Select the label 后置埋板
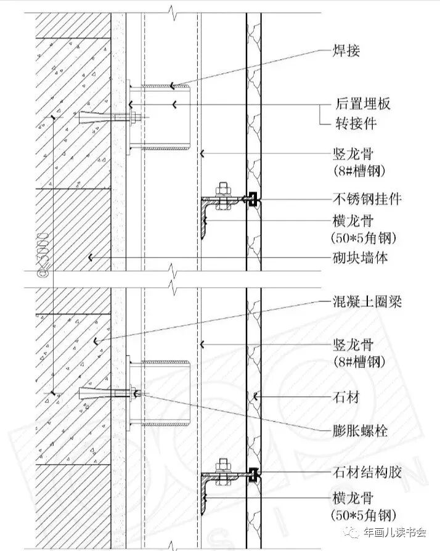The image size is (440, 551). pyautogui.click(x=363, y=104)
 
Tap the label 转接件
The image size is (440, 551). pyautogui.click(x=356, y=123)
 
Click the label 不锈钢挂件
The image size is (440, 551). pyautogui.click(x=368, y=199)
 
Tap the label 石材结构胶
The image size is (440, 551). pyautogui.click(x=368, y=473)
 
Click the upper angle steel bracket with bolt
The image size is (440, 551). pyautogui.click(x=219, y=203)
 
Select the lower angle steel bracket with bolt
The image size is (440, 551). pyautogui.click(x=219, y=478)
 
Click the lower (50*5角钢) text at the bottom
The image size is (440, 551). pyautogui.click(x=363, y=515)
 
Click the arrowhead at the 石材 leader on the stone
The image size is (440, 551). pyautogui.click(x=256, y=395)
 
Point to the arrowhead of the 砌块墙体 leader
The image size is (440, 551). pyautogui.click(x=91, y=258)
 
